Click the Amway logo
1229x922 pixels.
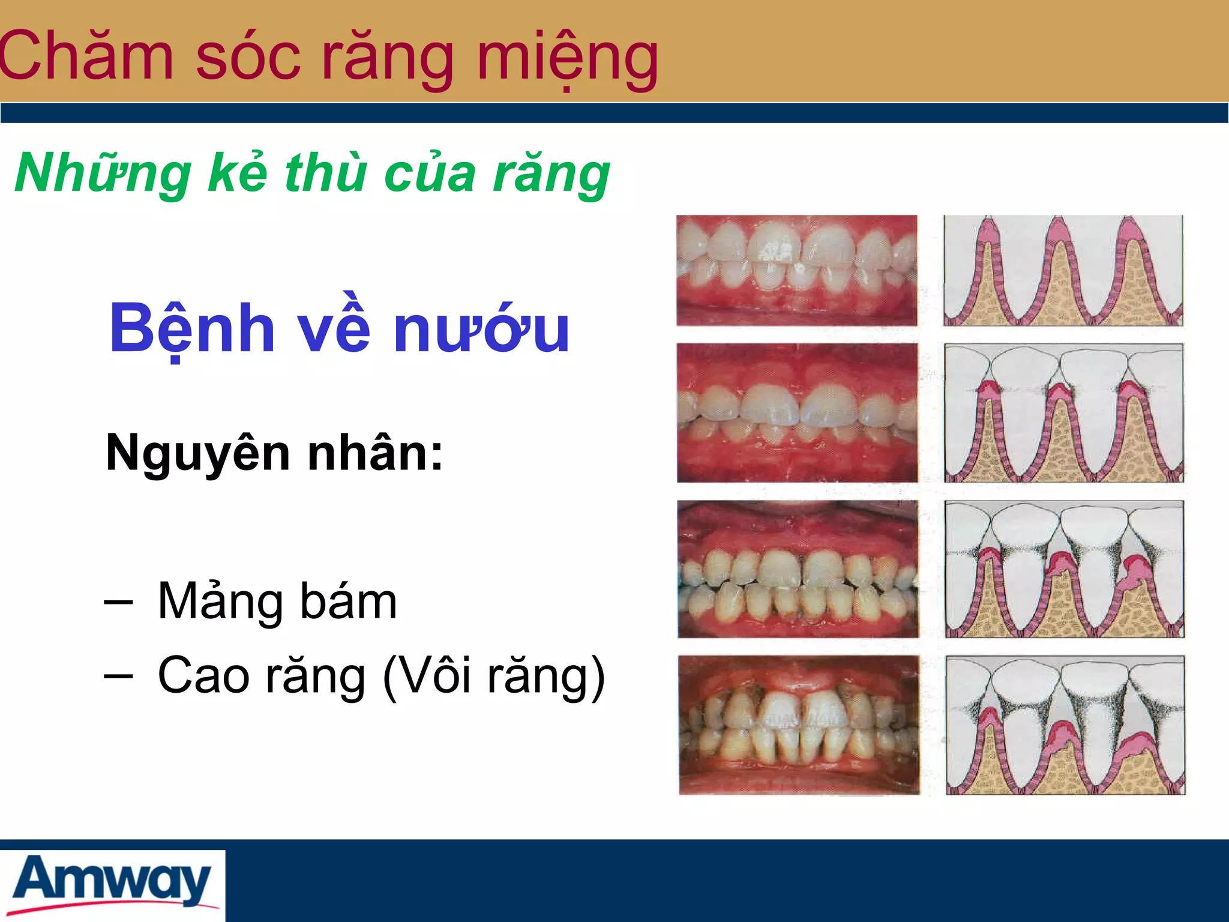coord(112,882)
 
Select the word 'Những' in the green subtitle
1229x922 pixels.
coord(102,174)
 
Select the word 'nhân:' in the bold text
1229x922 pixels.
coord(375,453)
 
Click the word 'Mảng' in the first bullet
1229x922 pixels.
coord(220,602)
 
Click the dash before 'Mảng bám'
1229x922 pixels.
coord(118,602)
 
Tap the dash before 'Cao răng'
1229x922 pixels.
coord(118,676)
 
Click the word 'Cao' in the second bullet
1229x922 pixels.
coord(203,676)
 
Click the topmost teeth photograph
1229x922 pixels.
coord(796,270)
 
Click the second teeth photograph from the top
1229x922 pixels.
coord(797,412)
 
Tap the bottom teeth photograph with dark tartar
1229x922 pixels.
coord(799,725)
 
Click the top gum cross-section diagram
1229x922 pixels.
coord(1063,270)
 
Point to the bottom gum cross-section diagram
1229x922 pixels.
coord(1065,725)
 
